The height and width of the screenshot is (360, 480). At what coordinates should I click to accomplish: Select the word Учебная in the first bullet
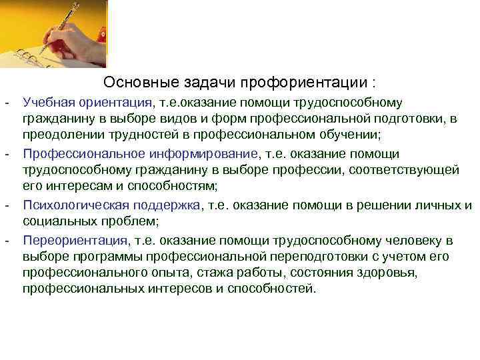[47, 103]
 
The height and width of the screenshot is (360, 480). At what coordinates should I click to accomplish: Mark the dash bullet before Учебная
[6, 103]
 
